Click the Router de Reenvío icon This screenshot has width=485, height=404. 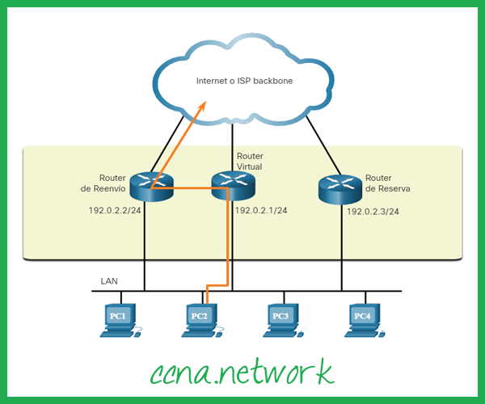151,188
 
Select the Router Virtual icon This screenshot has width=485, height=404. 233,187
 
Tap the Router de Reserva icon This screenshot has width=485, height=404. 339,189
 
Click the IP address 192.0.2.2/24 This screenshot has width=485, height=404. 115,210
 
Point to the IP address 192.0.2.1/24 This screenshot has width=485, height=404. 261,210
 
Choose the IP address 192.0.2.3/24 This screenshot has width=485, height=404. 373,211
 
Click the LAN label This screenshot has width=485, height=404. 108,281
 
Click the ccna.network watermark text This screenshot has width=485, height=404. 242,371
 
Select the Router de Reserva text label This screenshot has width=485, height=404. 387,183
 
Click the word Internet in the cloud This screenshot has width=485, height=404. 212,82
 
